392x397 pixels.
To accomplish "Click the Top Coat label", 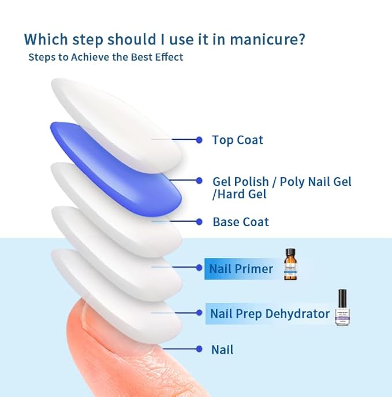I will (x=237, y=140).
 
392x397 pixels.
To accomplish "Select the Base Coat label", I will (x=240, y=222).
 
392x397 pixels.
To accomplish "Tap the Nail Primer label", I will (x=241, y=269).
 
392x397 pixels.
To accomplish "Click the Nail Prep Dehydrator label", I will (x=270, y=314).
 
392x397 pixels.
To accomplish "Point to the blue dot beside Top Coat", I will (x=199, y=140).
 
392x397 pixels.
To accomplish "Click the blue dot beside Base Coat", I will (x=199, y=222).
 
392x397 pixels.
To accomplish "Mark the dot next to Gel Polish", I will (x=199, y=181).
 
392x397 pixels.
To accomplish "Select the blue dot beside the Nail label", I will (x=199, y=349).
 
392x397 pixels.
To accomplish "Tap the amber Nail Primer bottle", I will (x=290, y=266).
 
